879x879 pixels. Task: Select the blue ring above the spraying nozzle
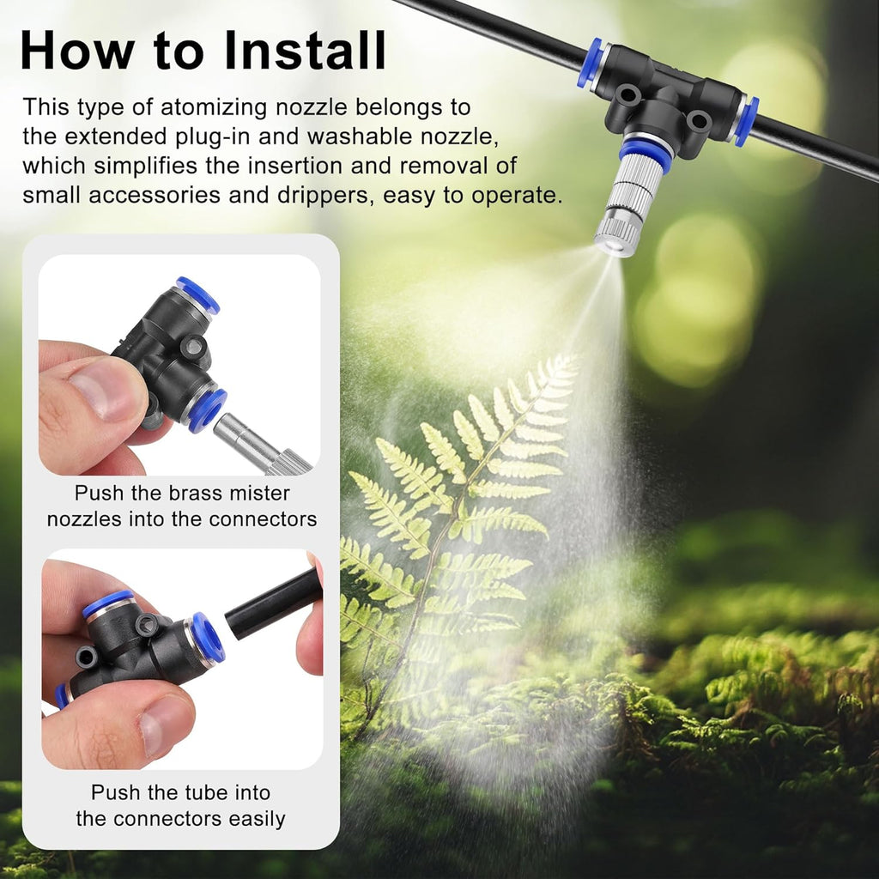point(646,154)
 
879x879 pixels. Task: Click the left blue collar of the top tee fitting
point(590,63)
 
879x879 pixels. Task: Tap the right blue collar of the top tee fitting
point(745,122)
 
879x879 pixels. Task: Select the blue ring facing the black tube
point(208,639)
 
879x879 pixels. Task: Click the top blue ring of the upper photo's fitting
point(197,294)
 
